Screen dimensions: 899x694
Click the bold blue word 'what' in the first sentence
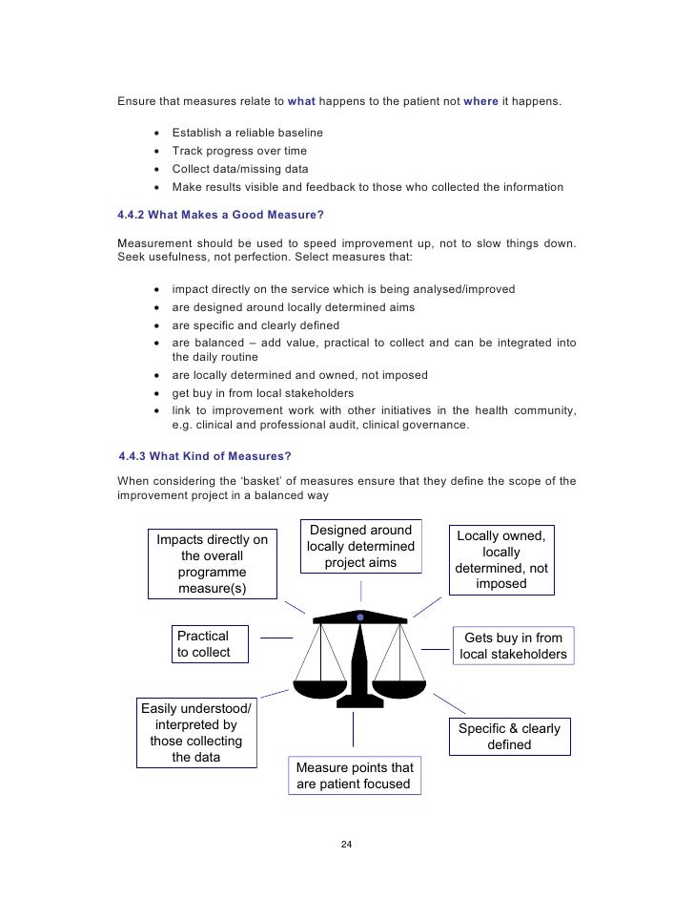point(301,100)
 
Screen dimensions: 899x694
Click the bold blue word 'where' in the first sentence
point(480,100)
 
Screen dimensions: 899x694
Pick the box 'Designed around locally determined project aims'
point(360,547)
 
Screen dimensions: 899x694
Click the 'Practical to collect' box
point(209,644)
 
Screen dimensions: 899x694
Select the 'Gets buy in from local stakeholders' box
point(513,646)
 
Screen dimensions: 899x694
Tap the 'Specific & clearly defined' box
point(509,737)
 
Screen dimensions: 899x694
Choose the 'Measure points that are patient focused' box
point(354,776)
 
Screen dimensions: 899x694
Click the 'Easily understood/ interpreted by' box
point(196,733)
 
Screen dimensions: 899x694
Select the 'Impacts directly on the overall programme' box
point(213,564)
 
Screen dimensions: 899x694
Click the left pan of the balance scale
point(321,686)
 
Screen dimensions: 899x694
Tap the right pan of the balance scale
point(398,686)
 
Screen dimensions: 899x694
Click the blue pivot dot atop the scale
point(359,617)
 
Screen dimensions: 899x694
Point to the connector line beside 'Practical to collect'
point(276,638)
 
